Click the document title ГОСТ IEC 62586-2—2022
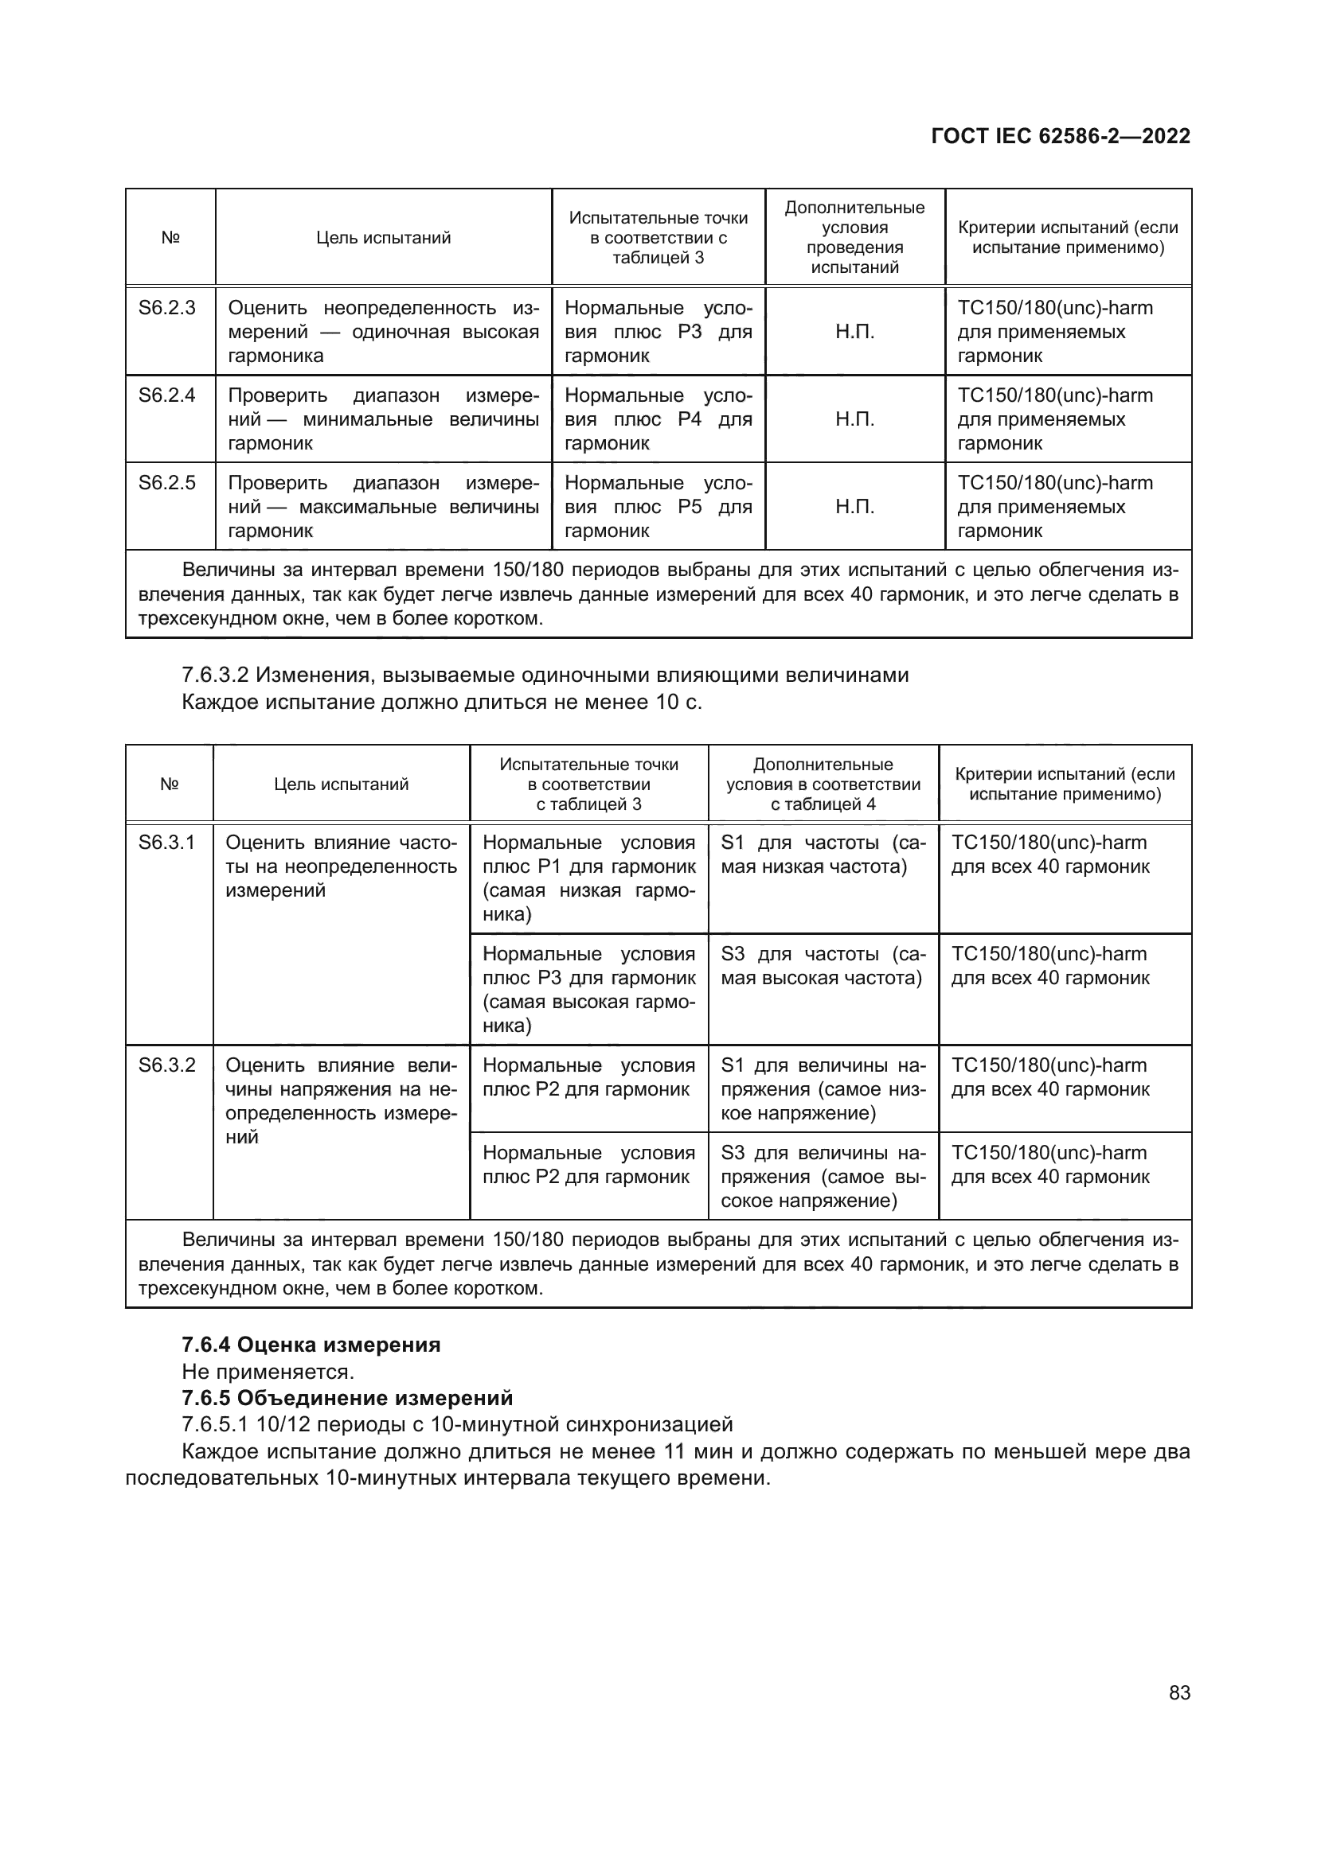point(1060,136)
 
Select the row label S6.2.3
point(167,308)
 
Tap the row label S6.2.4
point(167,395)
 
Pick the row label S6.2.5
point(167,483)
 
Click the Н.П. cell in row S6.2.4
point(854,419)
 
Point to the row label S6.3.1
point(167,843)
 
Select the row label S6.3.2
point(167,1065)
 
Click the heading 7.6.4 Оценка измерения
point(311,1345)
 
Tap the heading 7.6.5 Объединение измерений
point(347,1398)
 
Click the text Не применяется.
point(268,1372)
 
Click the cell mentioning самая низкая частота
point(823,855)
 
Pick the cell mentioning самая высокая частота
point(823,966)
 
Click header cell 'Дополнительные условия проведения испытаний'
point(854,237)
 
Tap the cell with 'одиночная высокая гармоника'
point(383,332)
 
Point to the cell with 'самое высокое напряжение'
point(823,1177)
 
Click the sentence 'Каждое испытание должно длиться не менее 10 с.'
point(442,701)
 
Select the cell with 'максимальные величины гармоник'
point(383,507)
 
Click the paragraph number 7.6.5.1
point(214,1424)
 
